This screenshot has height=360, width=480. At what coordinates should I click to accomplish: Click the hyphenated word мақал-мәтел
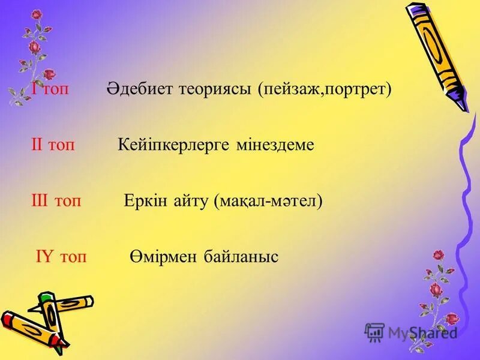(268, 202)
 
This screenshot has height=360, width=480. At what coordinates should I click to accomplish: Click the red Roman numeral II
(37, 145)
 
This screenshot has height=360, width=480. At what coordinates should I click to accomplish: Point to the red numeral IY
(44, 257)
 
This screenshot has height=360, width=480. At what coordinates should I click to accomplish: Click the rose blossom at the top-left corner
(37, 14)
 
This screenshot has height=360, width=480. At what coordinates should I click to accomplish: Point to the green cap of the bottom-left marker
(46, 298)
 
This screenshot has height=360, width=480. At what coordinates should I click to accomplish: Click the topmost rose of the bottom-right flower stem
(439, 254)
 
